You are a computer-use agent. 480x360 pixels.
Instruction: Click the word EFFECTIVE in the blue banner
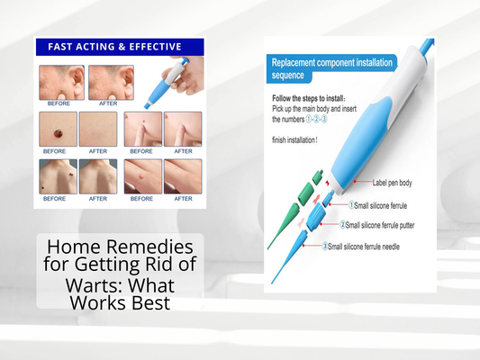point(152,47)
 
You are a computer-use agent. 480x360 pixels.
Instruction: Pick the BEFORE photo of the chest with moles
point(57,176)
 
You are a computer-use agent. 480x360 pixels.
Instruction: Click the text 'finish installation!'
point(303,139)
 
